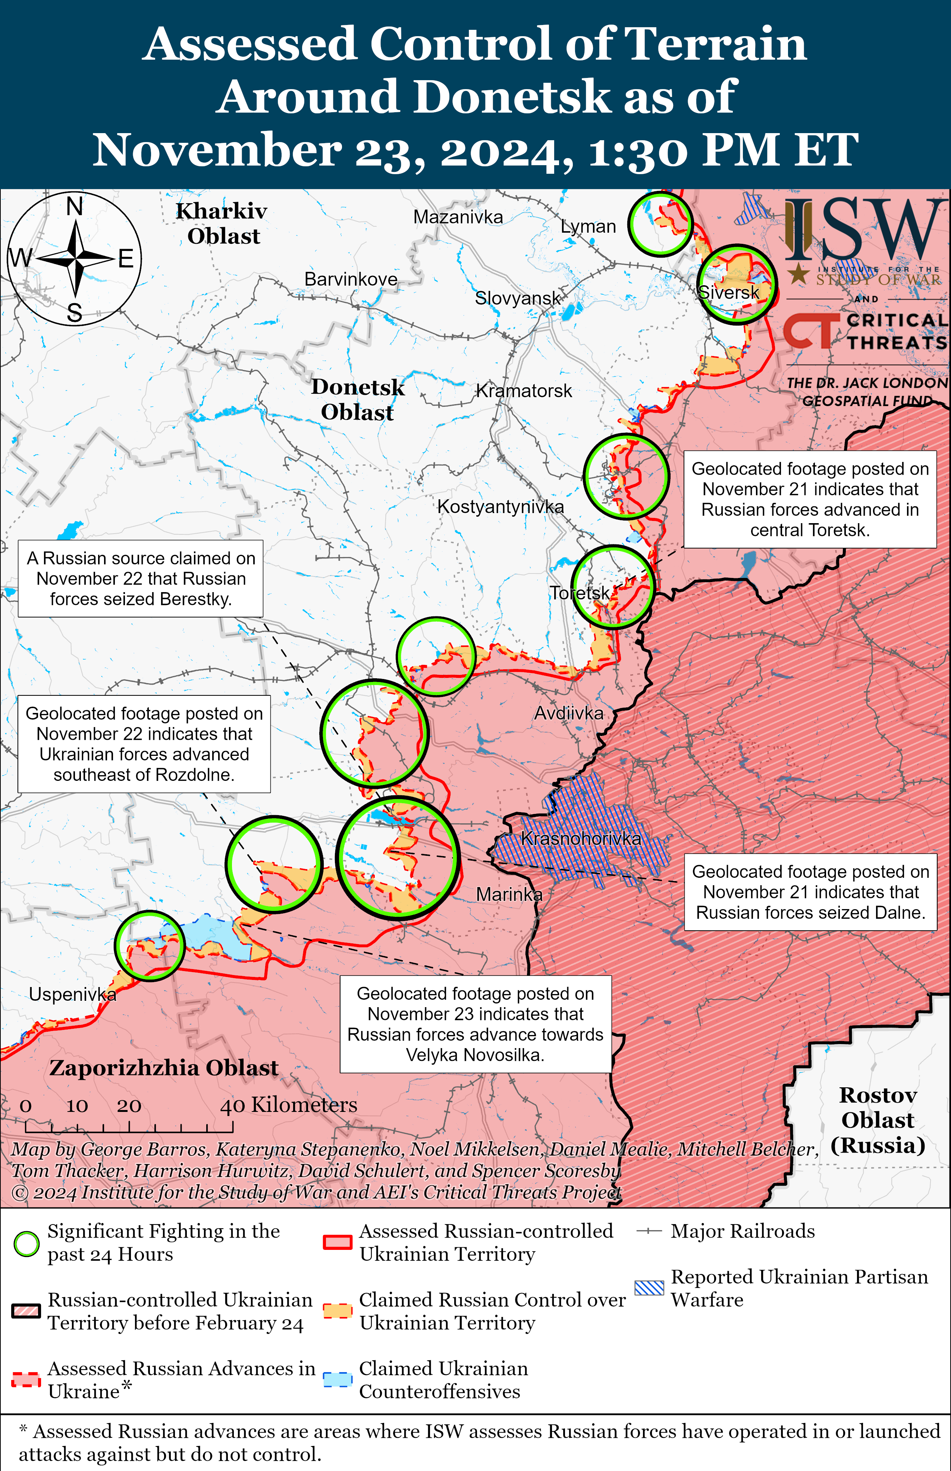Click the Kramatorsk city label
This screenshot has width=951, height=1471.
point(524,391)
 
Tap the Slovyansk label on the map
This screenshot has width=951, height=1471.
point(518,298)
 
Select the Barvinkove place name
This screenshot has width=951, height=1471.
point(351,279)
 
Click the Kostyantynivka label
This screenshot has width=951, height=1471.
point(500,507)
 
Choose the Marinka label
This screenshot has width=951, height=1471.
point(509,894)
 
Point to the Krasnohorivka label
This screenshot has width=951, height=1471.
point(580,838)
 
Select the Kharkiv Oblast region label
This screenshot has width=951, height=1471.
point(222,223)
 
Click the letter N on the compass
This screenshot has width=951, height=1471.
point(75,206)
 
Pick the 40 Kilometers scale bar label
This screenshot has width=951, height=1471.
point(288,1105)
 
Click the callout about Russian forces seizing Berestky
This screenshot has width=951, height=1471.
point(141,578)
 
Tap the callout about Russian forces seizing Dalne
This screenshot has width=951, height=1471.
point(810,892)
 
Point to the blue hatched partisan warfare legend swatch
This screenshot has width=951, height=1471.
point(649,1288)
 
